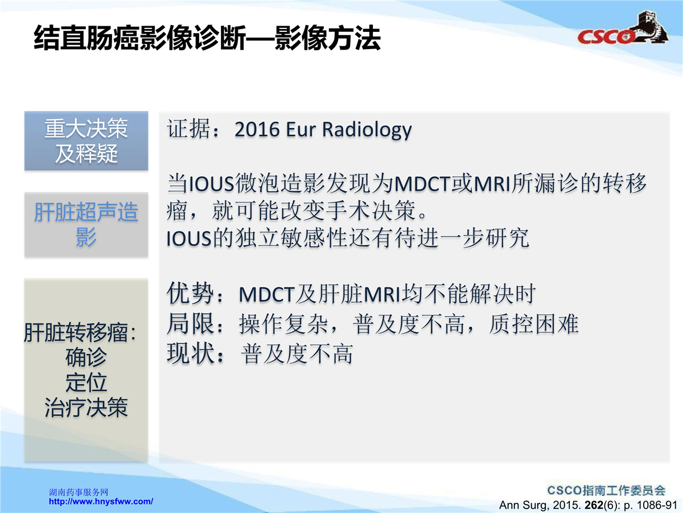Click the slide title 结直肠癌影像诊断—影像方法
207,38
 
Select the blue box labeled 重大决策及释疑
86,141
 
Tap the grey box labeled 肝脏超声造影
86,225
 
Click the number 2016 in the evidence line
257,129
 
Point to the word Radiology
367,130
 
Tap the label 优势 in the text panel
190,294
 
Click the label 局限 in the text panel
190,324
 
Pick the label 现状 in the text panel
190,353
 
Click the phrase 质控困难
534,324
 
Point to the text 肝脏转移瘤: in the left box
80,333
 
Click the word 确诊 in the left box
86,357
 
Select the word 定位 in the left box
86,382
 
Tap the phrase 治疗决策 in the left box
86,408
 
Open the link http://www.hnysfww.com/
101,502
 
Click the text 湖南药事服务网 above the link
79,492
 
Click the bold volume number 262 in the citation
594,505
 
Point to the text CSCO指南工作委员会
606,490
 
